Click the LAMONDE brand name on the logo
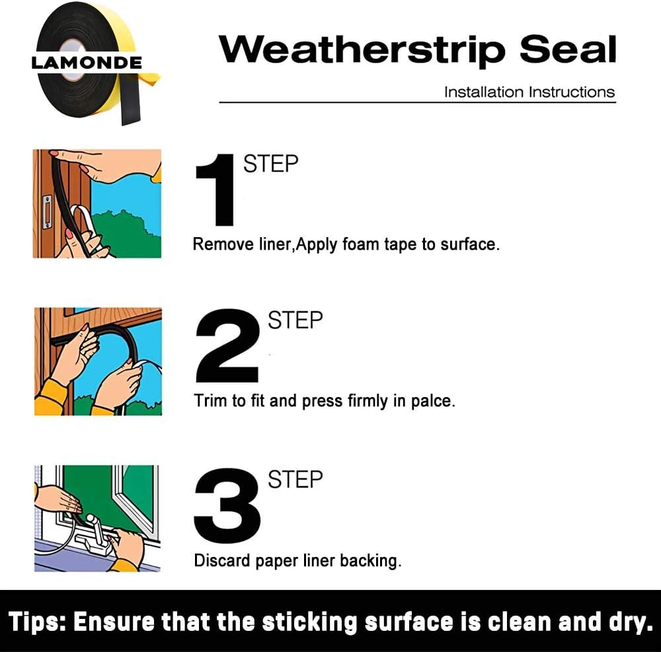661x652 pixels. (x=87, y=63)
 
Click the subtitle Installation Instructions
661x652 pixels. (x=529, y=92)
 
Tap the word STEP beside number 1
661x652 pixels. (x=271, y=163)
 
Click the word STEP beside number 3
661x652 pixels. (x=295, y=480)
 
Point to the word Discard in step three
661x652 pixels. (x=219, y=561)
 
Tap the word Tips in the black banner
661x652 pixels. (x=36, y=622)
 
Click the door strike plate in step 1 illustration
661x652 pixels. (x=47, y=212)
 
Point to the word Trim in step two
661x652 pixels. (x=210, y=401)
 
